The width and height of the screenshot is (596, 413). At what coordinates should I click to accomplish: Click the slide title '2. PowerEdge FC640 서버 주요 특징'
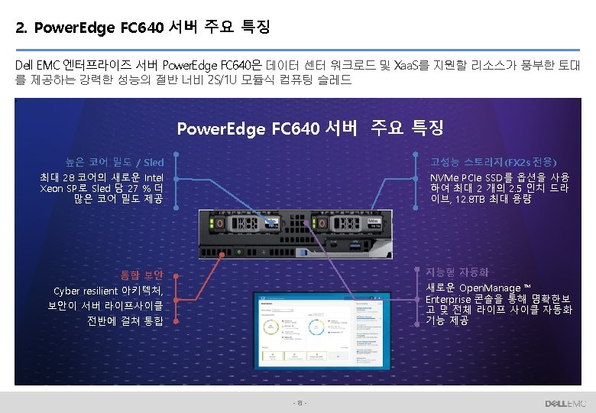pos(142,28)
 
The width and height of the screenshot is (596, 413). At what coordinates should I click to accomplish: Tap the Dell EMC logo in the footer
pos(565,403)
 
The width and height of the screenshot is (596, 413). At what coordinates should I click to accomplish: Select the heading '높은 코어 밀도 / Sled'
pos(115,162)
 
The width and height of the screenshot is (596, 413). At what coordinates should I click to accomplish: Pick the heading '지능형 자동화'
pos(458,272)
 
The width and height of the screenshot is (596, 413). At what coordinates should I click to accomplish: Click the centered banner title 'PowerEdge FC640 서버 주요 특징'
pos(309,128)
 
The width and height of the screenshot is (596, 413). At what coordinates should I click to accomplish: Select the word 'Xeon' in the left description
pos(53,188)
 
